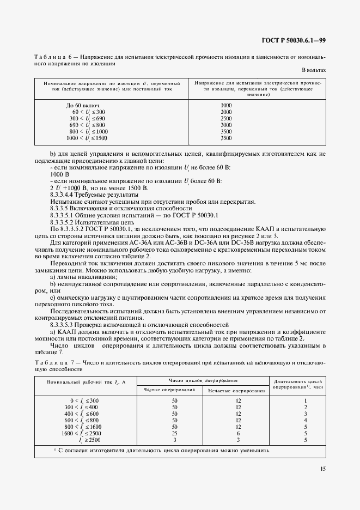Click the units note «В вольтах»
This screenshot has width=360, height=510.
pyautogui.click(x=314, y=70)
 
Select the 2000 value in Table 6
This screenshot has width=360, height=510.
pyautogui.click(x=226, y=112)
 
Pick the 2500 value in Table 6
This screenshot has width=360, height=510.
pyautogui.click(x=226, y=118)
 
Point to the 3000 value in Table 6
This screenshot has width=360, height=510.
pyautogui.click(x=226, y=125)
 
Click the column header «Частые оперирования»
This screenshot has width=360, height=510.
pyautogui.click(x=169, y=390)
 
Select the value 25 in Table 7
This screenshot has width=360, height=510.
pyautogui.click(x=175, y=433)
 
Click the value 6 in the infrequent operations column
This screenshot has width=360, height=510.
pyautogui.click(x=238, y=433)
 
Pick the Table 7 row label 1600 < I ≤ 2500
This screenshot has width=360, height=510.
pyautogui.click(x=80, y=433)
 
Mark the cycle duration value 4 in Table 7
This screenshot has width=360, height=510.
pyautogui.click(x=306, y=420)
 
